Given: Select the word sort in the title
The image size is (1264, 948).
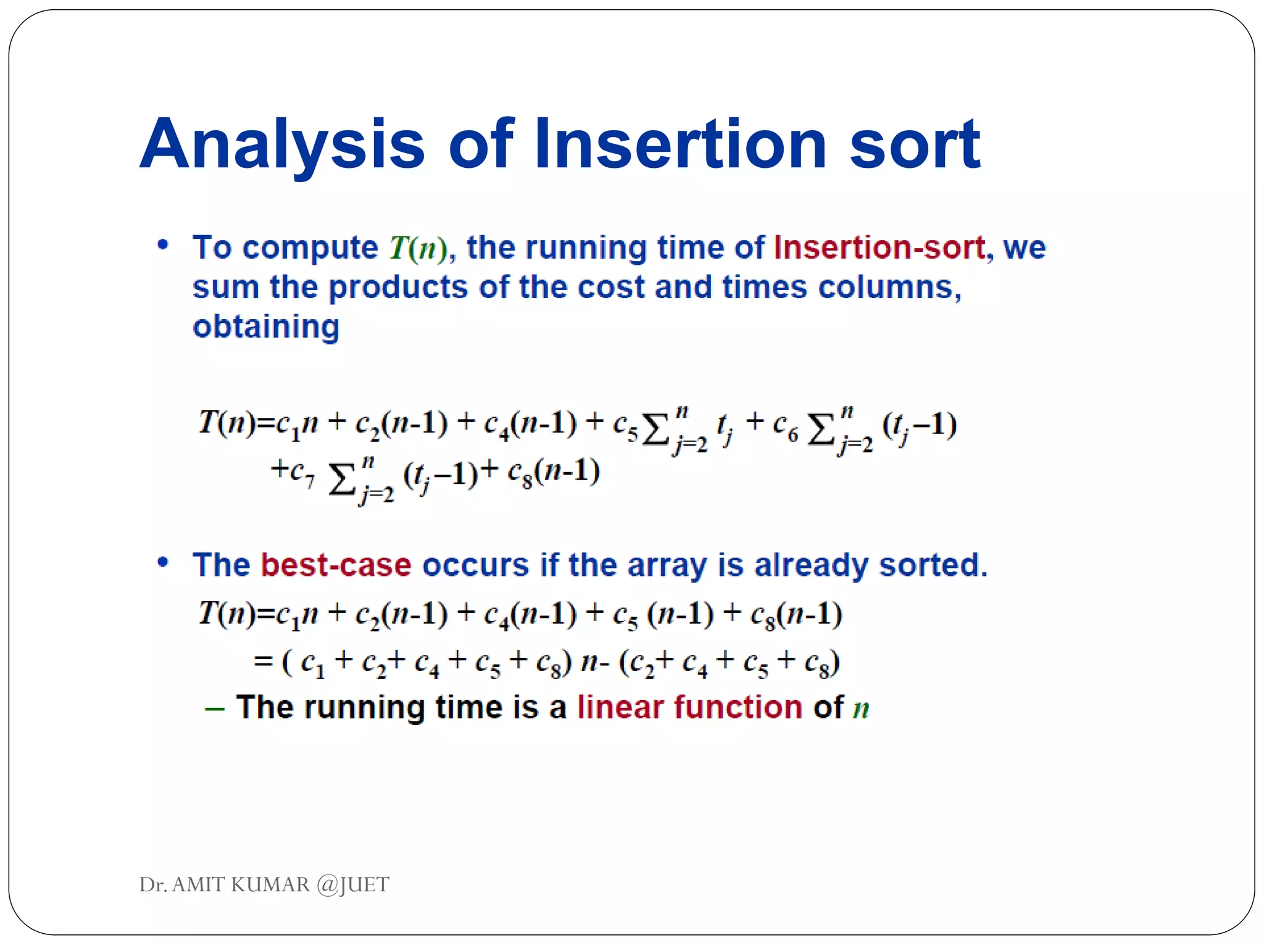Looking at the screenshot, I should coord(914,145).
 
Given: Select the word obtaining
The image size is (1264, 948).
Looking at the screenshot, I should coord(266,326).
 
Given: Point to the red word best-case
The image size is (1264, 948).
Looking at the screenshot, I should coord(336,565).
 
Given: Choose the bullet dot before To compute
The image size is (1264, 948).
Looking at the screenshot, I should coord(163,245).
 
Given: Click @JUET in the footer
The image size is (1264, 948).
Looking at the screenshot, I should coord(352,884).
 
